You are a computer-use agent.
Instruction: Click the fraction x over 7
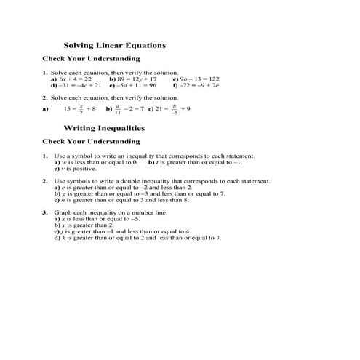pos(81,109)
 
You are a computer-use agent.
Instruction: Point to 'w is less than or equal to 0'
pos(100,162)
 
